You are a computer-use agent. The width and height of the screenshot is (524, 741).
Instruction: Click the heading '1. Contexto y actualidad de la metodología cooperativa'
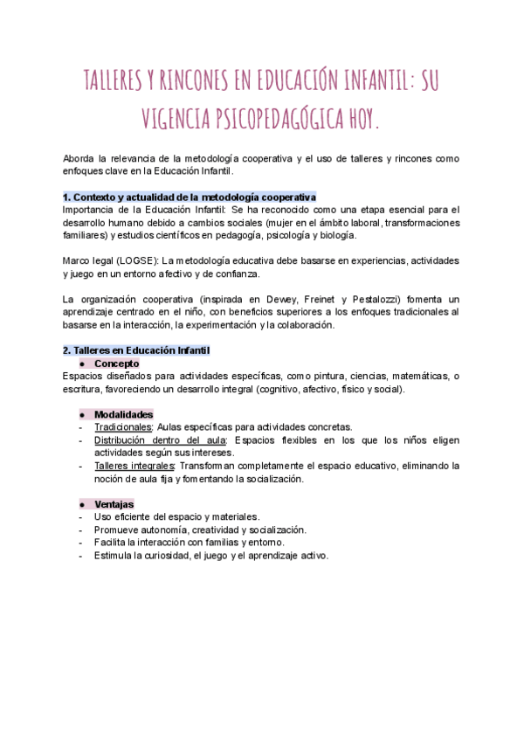(x=190, y=197)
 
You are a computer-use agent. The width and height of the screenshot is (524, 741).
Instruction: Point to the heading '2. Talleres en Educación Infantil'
(x=136, y=350)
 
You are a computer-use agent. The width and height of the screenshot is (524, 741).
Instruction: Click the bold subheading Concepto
(x=116, y=364)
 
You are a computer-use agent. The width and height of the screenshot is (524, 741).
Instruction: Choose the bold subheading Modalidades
(x=124, y=414)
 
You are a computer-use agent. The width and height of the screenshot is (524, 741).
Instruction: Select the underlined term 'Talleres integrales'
(x=134, y=466)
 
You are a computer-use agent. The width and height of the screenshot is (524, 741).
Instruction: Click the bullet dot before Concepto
(x=81, y=364)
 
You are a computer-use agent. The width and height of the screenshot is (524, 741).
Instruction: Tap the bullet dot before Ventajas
(x=81, y=504)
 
